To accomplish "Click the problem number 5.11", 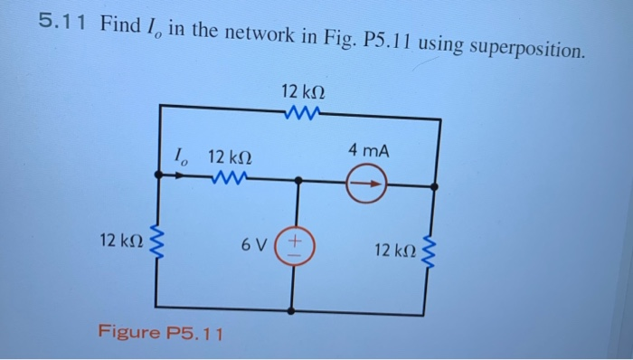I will coord(61,24).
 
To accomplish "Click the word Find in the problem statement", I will coord(120,24).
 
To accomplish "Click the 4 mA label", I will coord(369,151).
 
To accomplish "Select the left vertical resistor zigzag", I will coord(162,242).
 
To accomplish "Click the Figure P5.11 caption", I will coord(159,332).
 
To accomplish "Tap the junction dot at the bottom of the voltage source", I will coord(291,310).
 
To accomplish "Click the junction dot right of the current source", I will coord(437,187).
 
